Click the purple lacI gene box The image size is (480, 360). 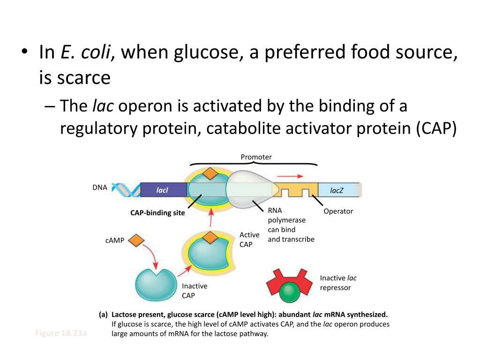coord(162,190)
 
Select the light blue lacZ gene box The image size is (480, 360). coord(337,190)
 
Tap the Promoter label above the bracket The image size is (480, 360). coord(256,157)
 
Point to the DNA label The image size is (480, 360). coord(100,187)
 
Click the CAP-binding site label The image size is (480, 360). coord(157,213)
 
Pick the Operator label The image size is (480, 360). coord(338,211)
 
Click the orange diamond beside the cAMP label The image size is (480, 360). coord(136,240)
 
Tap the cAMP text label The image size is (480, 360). coord(115,240)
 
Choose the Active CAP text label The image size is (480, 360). coord(249,240)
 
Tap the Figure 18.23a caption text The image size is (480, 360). coord(61,333)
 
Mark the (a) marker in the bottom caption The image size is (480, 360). coord(103,315)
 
